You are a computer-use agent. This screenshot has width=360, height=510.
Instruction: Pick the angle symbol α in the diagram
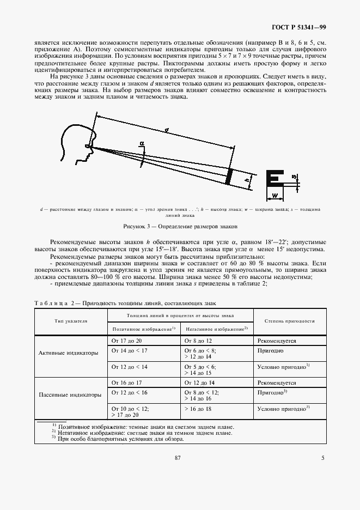coord(141,143)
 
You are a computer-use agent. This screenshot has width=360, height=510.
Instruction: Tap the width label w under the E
coord(274,195)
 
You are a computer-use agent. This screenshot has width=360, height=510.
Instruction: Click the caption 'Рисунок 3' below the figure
coord(180,226)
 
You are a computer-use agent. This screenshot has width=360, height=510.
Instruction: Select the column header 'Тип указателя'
coord(71,321)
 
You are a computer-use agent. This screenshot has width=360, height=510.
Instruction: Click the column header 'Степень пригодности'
coord(290,321)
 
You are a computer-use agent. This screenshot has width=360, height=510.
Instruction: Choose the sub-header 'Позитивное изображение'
coord(143,329)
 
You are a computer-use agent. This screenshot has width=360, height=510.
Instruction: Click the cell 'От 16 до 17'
coord(127,383)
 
